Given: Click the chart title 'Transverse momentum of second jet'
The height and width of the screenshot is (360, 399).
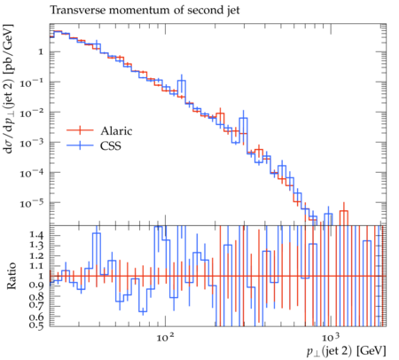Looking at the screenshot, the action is click(x=145, y=10).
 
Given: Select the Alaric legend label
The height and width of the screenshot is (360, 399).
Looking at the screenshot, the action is click(x=116, y=130).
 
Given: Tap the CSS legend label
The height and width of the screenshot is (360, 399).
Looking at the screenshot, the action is click(x=111, y=145).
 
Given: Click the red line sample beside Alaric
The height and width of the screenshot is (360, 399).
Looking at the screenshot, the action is click(x=80, y=130).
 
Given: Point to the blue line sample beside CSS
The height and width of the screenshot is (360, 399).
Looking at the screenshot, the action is click(x=80, y=145).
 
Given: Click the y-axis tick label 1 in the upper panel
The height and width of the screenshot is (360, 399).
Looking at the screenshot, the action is click(x=41, y=52).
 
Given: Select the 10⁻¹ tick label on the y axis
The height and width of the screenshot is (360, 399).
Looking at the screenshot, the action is click(x=32, y=82).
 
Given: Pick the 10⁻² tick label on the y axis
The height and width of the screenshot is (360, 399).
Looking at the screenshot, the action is click(x=32, y=113).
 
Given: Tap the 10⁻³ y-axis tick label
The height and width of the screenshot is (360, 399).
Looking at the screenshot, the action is click(x=32, y=143).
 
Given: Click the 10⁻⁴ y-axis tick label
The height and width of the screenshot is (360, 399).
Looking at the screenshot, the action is click(x=32, y=173).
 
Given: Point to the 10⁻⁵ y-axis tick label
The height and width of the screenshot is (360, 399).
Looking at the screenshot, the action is click(x=32, y=203).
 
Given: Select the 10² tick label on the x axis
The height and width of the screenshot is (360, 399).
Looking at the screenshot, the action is click(x=165, y=336).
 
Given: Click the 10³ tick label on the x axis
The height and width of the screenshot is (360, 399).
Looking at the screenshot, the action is click(x=331, y=336).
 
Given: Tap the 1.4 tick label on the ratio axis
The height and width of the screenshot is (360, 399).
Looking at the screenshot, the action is click(x=36, y=235).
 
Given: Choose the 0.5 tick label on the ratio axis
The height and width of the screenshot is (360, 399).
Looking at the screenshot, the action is click(x=36, y=325).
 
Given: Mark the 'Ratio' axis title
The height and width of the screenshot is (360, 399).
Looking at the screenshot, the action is click(x=12, y=276).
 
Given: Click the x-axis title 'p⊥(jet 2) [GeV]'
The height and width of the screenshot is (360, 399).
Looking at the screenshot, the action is click(x=347, y=351).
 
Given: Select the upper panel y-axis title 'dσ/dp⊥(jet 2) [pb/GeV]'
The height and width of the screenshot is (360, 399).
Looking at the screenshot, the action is click(x=9, y=89).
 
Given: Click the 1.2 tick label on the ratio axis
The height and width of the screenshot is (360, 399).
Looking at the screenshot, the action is click(x=36, y=256).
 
